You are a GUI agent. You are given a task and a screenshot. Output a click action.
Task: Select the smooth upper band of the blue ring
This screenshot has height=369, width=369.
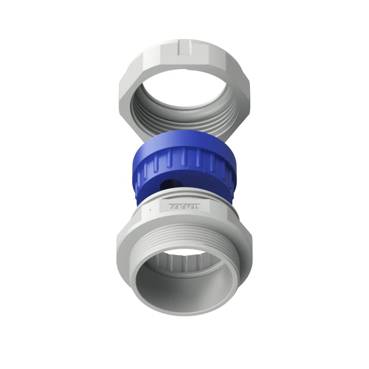(184, 140)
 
